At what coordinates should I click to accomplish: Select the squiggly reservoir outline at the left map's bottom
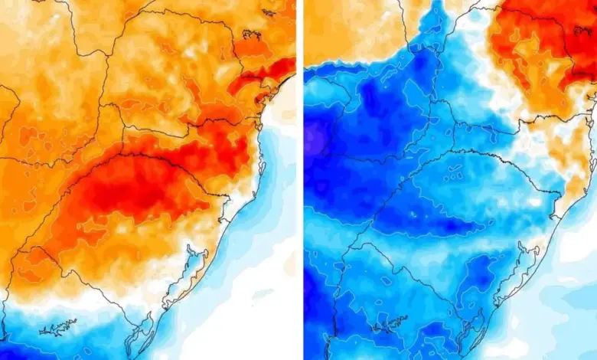click(x=57, y=328)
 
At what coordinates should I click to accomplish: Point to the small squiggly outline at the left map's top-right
click(x=253, y=34)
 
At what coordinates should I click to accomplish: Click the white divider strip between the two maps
click(x=300, y=180)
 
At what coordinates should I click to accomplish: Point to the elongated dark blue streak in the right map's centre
click(x=436, y=226)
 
